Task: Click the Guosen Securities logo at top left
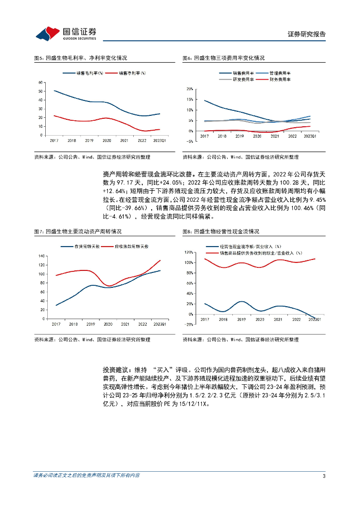coord(66,34)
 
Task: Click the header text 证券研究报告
coord(307,35)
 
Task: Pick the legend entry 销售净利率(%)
coord(132,73)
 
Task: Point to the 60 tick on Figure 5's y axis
coord(39,83)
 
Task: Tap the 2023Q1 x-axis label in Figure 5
coord(159,141)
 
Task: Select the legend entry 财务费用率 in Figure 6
coord(280,80)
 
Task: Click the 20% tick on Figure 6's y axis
coord(189,89)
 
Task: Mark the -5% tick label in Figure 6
coord(189,142)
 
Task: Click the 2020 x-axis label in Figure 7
coord(108,324)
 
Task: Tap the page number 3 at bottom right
coord(324,476)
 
